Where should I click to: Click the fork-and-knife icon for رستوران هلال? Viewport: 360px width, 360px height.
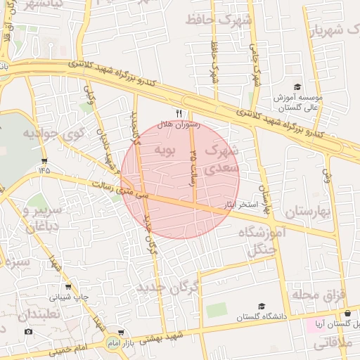[179, 112]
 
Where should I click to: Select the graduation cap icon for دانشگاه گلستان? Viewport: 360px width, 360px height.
[262, 307]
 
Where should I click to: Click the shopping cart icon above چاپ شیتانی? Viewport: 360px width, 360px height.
[67, 287]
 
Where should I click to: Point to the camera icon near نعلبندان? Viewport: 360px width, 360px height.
[28, 331]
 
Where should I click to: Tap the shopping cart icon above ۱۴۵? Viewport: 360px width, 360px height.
[44, 158]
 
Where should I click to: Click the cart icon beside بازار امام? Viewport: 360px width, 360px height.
[122, 332]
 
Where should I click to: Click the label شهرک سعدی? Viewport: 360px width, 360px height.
[221, 159]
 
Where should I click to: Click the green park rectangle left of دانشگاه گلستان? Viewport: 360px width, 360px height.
[217, 310]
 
